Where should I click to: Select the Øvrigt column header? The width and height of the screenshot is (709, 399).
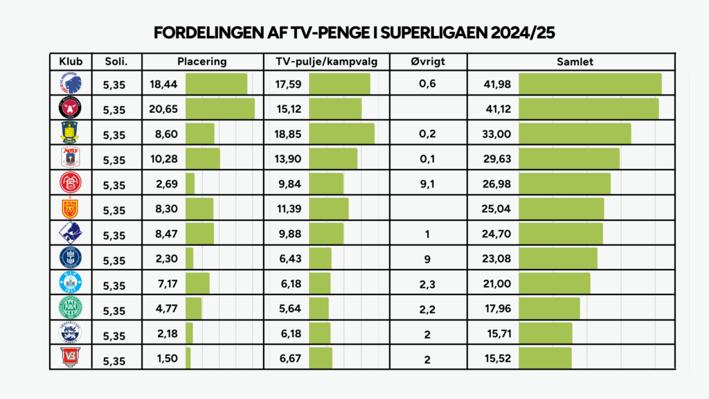(x=427, y=62)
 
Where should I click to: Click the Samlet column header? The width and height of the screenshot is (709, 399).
(x=575, y=62)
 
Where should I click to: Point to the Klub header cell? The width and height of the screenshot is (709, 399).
(x=71, y=62)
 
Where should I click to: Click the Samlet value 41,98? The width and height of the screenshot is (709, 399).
(x=497, y=85)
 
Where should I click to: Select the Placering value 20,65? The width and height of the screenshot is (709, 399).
(x=164, y=109)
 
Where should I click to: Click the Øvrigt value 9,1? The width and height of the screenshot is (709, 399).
(x=427, y=184)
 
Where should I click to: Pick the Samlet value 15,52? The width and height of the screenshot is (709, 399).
(x=497, y=359)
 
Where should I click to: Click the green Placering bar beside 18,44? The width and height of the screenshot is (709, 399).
(x=216, y=85)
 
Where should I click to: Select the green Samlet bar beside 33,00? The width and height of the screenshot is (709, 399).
(x=575, y=134)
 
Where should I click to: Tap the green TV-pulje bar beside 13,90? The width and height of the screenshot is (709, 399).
(x=333, y=159)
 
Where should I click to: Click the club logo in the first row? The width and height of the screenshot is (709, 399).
(x=71, y=84)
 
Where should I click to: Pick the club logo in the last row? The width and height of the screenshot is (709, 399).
(x=71, y=358)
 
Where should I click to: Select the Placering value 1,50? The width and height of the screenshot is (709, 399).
(x=164, y=359)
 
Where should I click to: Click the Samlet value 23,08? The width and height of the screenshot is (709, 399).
(x=497, y=259)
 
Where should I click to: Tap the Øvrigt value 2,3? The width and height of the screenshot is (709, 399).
(x=427, y=284)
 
